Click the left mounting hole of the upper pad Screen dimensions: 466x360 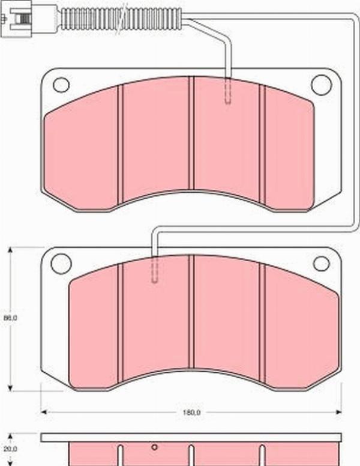point(61,85)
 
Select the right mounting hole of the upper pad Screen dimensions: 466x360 point(322,85)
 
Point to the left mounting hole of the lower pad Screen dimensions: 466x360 point(61,262)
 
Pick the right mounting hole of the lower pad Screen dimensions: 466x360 point(322,263)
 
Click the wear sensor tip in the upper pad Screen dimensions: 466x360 point(228,93)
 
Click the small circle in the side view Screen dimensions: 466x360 point(154,447)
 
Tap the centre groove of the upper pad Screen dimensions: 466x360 point(191,132)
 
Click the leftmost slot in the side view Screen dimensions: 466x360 point(120,455)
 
